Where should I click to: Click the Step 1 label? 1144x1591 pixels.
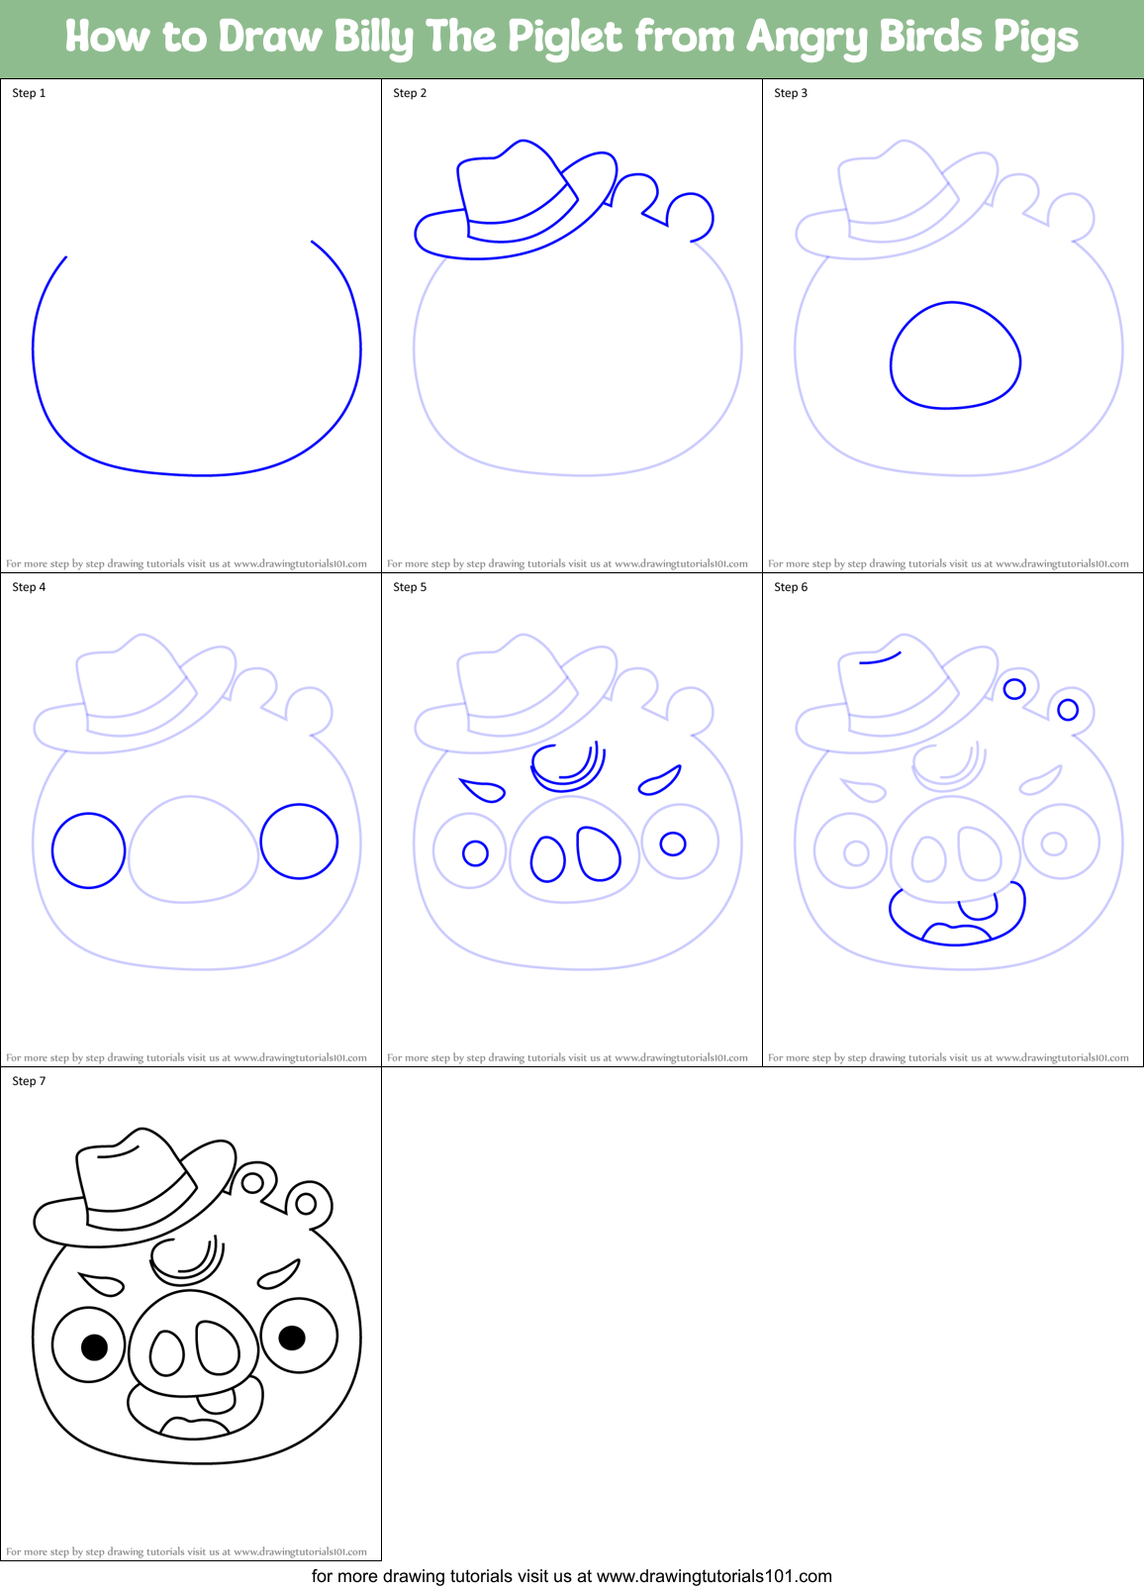coord(29,93)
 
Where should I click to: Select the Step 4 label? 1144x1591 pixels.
coord(29,587)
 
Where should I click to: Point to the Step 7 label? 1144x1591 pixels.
coord(29,1081)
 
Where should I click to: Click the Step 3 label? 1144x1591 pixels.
coord(791,93)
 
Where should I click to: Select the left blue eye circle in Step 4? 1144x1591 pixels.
coord(89,850)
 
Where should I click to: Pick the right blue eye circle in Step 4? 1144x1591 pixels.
coord(299,842)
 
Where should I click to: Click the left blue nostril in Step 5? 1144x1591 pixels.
coord(547,858)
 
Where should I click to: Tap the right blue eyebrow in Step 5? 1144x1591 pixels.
coord(659,780)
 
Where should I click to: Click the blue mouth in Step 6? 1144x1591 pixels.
coord(956,919)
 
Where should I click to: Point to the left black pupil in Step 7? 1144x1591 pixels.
coord(94,1346)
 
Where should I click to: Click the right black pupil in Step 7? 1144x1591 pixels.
coord(292,1339)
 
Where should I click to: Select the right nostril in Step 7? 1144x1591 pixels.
coord(218,1347)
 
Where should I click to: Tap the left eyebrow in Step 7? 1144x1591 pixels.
coord(102,1284)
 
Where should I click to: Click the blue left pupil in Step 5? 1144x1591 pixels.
coord(475,852)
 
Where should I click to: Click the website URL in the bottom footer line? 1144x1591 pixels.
coord(715,1576)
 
